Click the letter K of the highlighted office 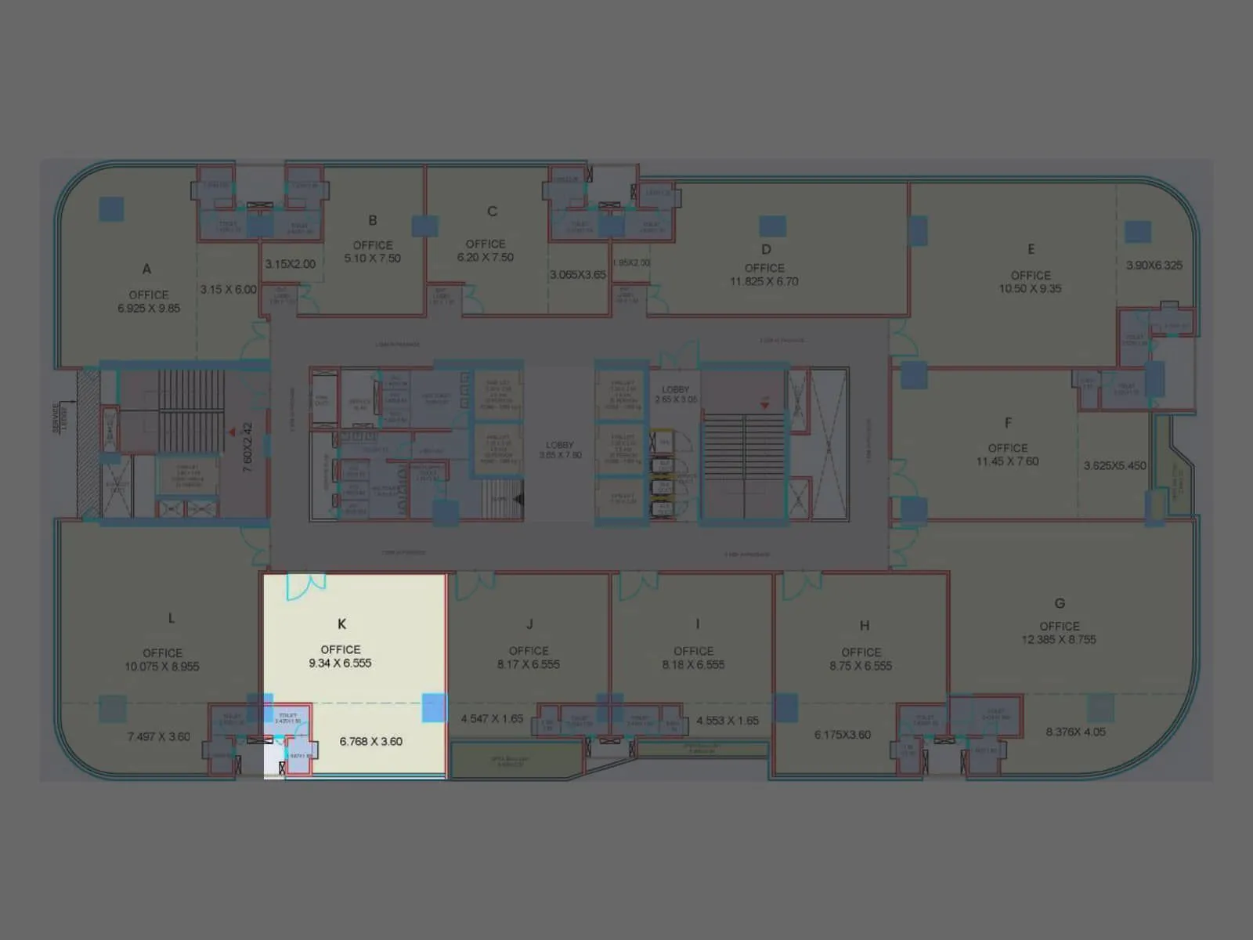pos(341,624)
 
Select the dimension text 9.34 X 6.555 pos(340,663)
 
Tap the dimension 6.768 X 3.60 pos(371,741)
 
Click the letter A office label pos(146,269)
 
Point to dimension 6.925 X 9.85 pos(149,309)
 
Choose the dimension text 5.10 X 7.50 pos(373,258)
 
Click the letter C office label pos(492,211)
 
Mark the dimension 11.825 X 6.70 pos(764,281)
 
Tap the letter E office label pos(1031,249)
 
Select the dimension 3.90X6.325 pos(1154,266)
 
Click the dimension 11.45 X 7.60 pos(1007,461)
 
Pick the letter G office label pos(1060,603)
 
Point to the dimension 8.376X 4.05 pos(1076,732)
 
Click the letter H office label pos(865,625)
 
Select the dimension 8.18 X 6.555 pos(693,665)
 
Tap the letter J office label pos(529,624)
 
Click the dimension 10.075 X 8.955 pos(162,667)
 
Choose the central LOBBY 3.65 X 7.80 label pos(560,450)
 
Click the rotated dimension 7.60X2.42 pos(247,447)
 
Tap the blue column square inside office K pos(434,707)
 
